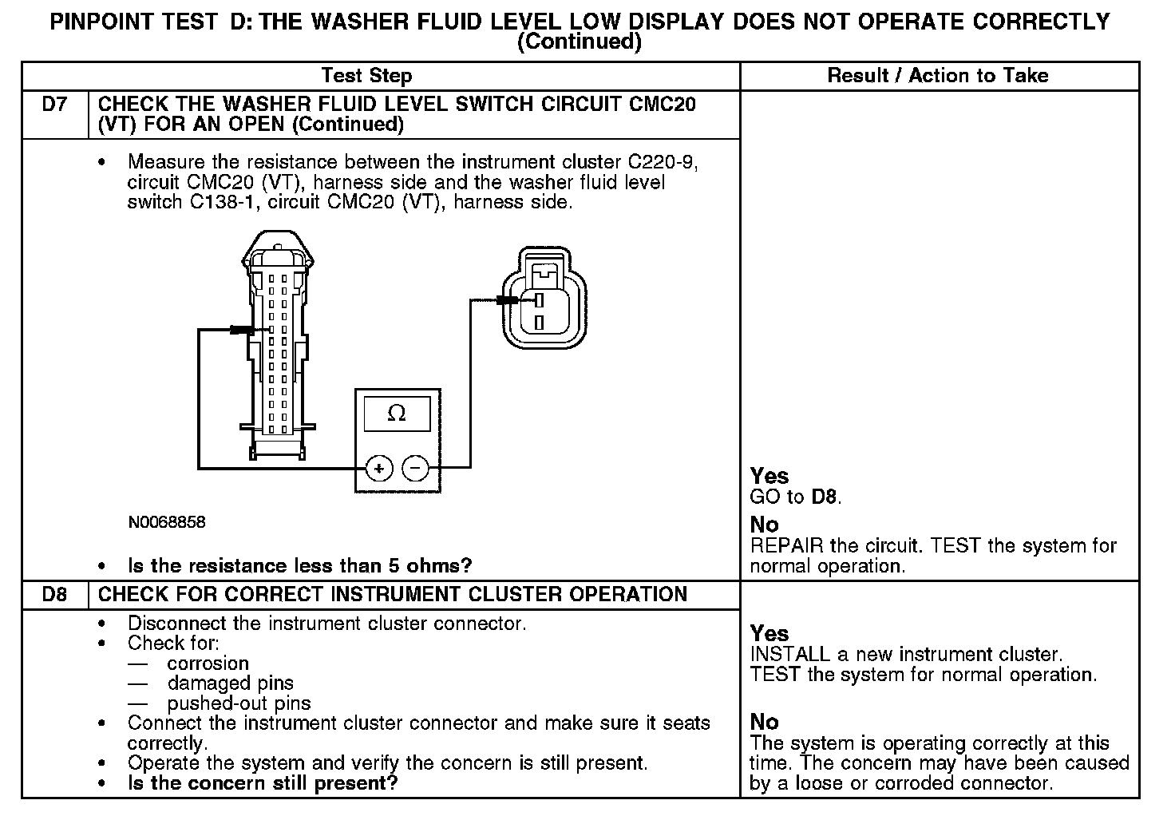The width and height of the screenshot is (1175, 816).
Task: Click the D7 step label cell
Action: (x=54, y=105)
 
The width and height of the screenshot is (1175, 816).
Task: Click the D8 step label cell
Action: (x=54, y=595)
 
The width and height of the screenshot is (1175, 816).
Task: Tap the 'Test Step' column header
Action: (x=366, y=76)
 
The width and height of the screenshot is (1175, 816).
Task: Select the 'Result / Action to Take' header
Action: (x=938, y=76)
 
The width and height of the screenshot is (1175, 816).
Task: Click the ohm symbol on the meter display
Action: (x=397, y=414)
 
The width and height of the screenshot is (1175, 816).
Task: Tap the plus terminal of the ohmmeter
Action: (x=379, y=468)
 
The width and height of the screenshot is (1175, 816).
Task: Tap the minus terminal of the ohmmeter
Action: (x=415, y=468)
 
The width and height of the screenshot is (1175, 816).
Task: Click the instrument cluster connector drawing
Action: (x=277, y=343)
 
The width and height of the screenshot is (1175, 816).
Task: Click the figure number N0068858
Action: (x=167, y=522)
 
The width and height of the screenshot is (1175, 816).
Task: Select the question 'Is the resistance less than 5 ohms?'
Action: (x=300, y=566)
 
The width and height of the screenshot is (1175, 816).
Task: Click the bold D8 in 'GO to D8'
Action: (x=825, y=497)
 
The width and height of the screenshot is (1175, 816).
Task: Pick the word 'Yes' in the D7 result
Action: (x=769, y=476)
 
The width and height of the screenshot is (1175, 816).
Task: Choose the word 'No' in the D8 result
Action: (x=764, y=722)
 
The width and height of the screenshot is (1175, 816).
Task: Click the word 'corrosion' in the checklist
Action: (x=208, y=663)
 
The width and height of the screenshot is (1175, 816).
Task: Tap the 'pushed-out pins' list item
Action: (x=239, y=703)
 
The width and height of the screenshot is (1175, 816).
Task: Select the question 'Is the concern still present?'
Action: (x=263, y=783)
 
